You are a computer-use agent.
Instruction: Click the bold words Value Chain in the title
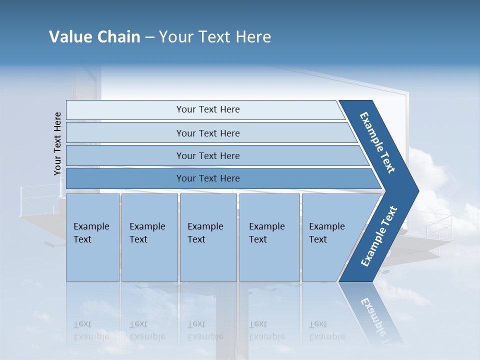tap(94, 37)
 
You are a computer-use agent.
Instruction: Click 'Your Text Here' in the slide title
tap(215, 37)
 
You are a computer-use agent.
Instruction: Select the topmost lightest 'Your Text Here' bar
tap(208, 109)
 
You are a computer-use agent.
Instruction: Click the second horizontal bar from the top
tap(208, 133)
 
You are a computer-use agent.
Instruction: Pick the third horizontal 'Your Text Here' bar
tap(208, 156)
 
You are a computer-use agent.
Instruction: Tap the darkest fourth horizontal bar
tap(208, 178)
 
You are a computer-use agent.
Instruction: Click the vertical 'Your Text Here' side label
tap(57, 143)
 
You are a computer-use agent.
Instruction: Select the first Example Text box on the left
tap(92, 237)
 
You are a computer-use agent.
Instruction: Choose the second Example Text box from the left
tap(149, 237)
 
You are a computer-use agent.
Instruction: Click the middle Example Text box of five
tap(208, 237)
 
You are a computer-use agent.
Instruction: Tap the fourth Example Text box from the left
tap(269, 237)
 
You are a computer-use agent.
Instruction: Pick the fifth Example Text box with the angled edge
tap(330, 237)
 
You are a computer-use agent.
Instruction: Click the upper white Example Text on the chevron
tap(377, 142)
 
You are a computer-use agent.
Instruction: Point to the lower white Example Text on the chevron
tap(378, 236)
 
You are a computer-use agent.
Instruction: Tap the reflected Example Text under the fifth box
tap(326, 330)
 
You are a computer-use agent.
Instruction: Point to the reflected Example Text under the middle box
tap(205, 330)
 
